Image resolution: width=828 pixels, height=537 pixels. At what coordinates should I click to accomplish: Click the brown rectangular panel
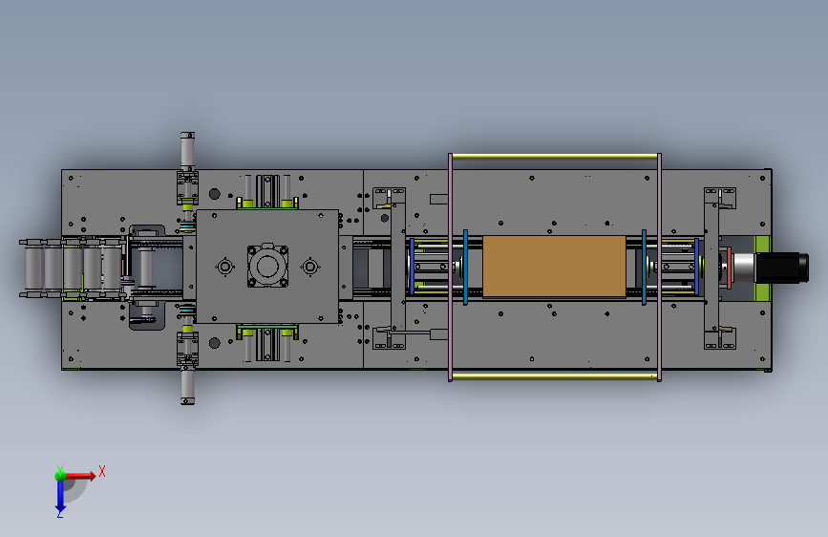coord(554,267)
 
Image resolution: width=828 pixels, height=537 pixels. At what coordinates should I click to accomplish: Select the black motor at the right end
coord(782,268)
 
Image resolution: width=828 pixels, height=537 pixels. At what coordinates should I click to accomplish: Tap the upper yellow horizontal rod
coord(555,157)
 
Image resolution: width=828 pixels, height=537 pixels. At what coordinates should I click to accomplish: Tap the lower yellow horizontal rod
coord(555,376)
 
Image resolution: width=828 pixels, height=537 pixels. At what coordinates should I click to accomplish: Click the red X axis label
coord(102,471)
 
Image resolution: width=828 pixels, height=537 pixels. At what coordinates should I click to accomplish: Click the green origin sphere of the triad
coord(60,475)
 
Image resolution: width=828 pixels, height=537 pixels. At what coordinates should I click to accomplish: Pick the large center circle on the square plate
coord(267,266)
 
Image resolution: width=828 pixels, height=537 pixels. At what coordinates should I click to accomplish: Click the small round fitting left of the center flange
coord(225,267)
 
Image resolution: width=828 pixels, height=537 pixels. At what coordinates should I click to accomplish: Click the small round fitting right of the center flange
coord(310,267)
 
